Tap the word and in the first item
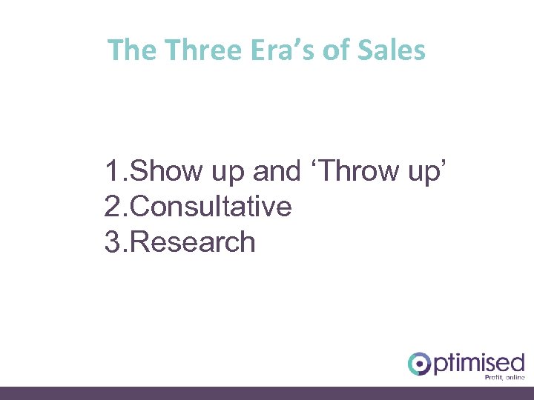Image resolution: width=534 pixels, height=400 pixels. tap(277, 171)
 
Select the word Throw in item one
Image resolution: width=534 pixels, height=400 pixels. tap(356, 171)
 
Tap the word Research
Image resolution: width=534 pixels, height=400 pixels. tap(194, 242)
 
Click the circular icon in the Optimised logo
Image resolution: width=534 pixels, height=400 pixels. tap(420, 364)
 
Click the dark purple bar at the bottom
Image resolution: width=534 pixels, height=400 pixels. tap(267, 393)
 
